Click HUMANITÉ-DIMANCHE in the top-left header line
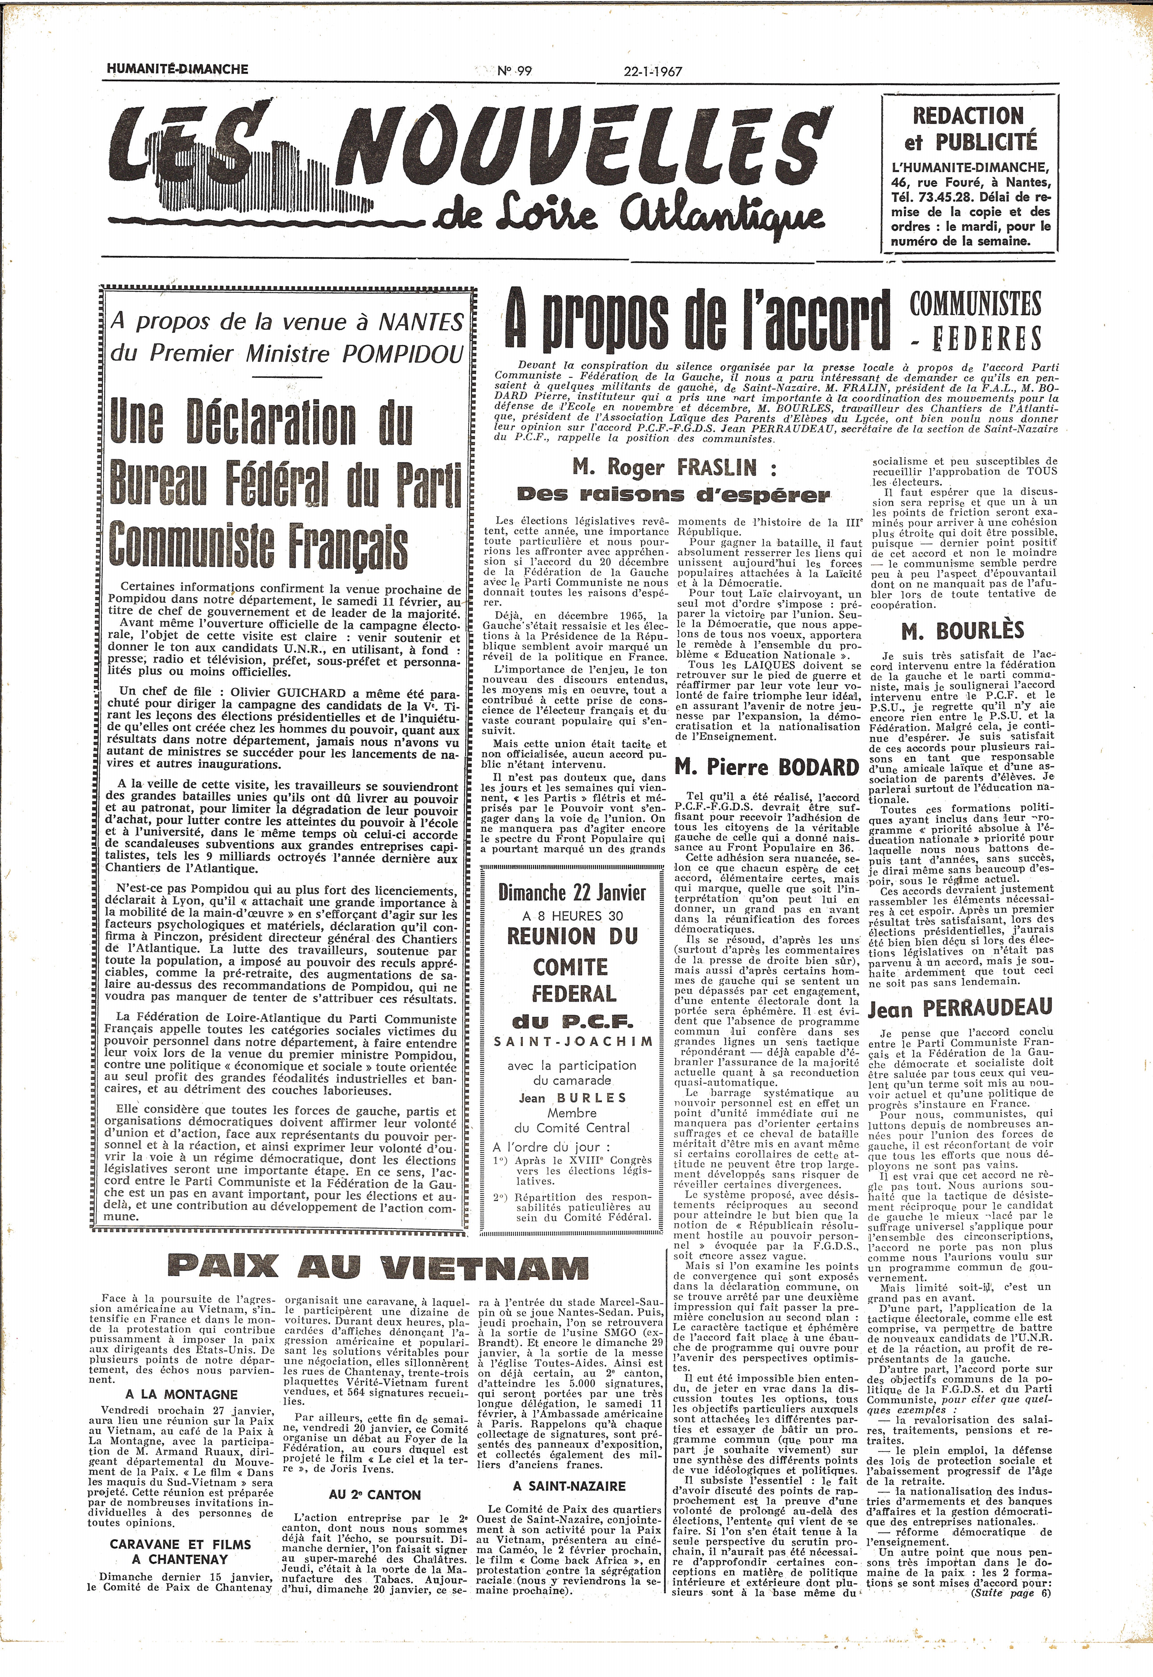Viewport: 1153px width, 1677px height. click(177, 69)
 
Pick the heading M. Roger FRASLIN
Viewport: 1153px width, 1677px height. click(674, 469)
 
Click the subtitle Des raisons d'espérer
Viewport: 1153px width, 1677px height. click(674, 495)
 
